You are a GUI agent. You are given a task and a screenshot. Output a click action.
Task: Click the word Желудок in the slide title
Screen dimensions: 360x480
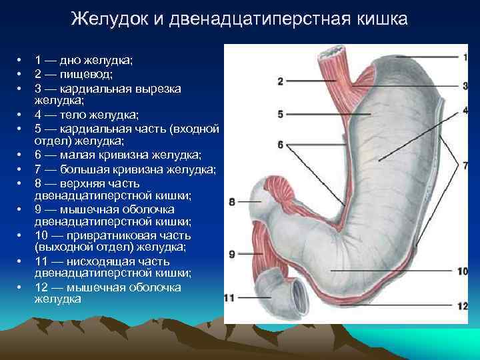coord(110,19)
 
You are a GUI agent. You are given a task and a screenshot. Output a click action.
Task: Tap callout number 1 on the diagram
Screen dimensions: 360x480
coord(465,58)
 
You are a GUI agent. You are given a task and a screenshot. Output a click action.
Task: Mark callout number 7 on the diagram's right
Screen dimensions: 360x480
coord(465,166)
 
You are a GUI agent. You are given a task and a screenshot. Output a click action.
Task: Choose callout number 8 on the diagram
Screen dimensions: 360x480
coord(231,202)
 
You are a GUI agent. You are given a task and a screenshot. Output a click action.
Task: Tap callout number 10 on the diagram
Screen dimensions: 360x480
coord(463,271)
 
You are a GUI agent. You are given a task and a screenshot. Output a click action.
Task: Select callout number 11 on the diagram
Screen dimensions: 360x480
coord(229,297)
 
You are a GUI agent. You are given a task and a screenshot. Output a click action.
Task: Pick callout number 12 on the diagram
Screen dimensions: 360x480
coord(463,305)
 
